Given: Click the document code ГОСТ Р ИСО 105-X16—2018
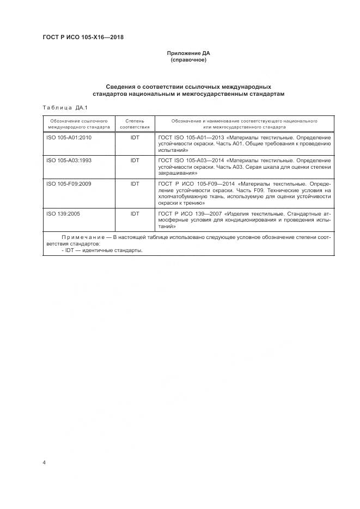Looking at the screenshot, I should pos(83,38).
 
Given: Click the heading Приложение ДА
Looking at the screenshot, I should pos(188,53).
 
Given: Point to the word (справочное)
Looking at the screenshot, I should pos(188,60).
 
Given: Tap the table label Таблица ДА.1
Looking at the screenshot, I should pos(61,107).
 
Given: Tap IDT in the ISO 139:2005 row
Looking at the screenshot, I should pos(135,214).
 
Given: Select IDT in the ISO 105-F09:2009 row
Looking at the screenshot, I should pos(135,184).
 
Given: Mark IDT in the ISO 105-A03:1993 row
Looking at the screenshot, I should pos(135,161).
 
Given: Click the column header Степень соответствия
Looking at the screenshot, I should pos(135,123).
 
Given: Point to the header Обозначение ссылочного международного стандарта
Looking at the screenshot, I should pos(78,123).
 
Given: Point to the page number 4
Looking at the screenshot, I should pos(44,462).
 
